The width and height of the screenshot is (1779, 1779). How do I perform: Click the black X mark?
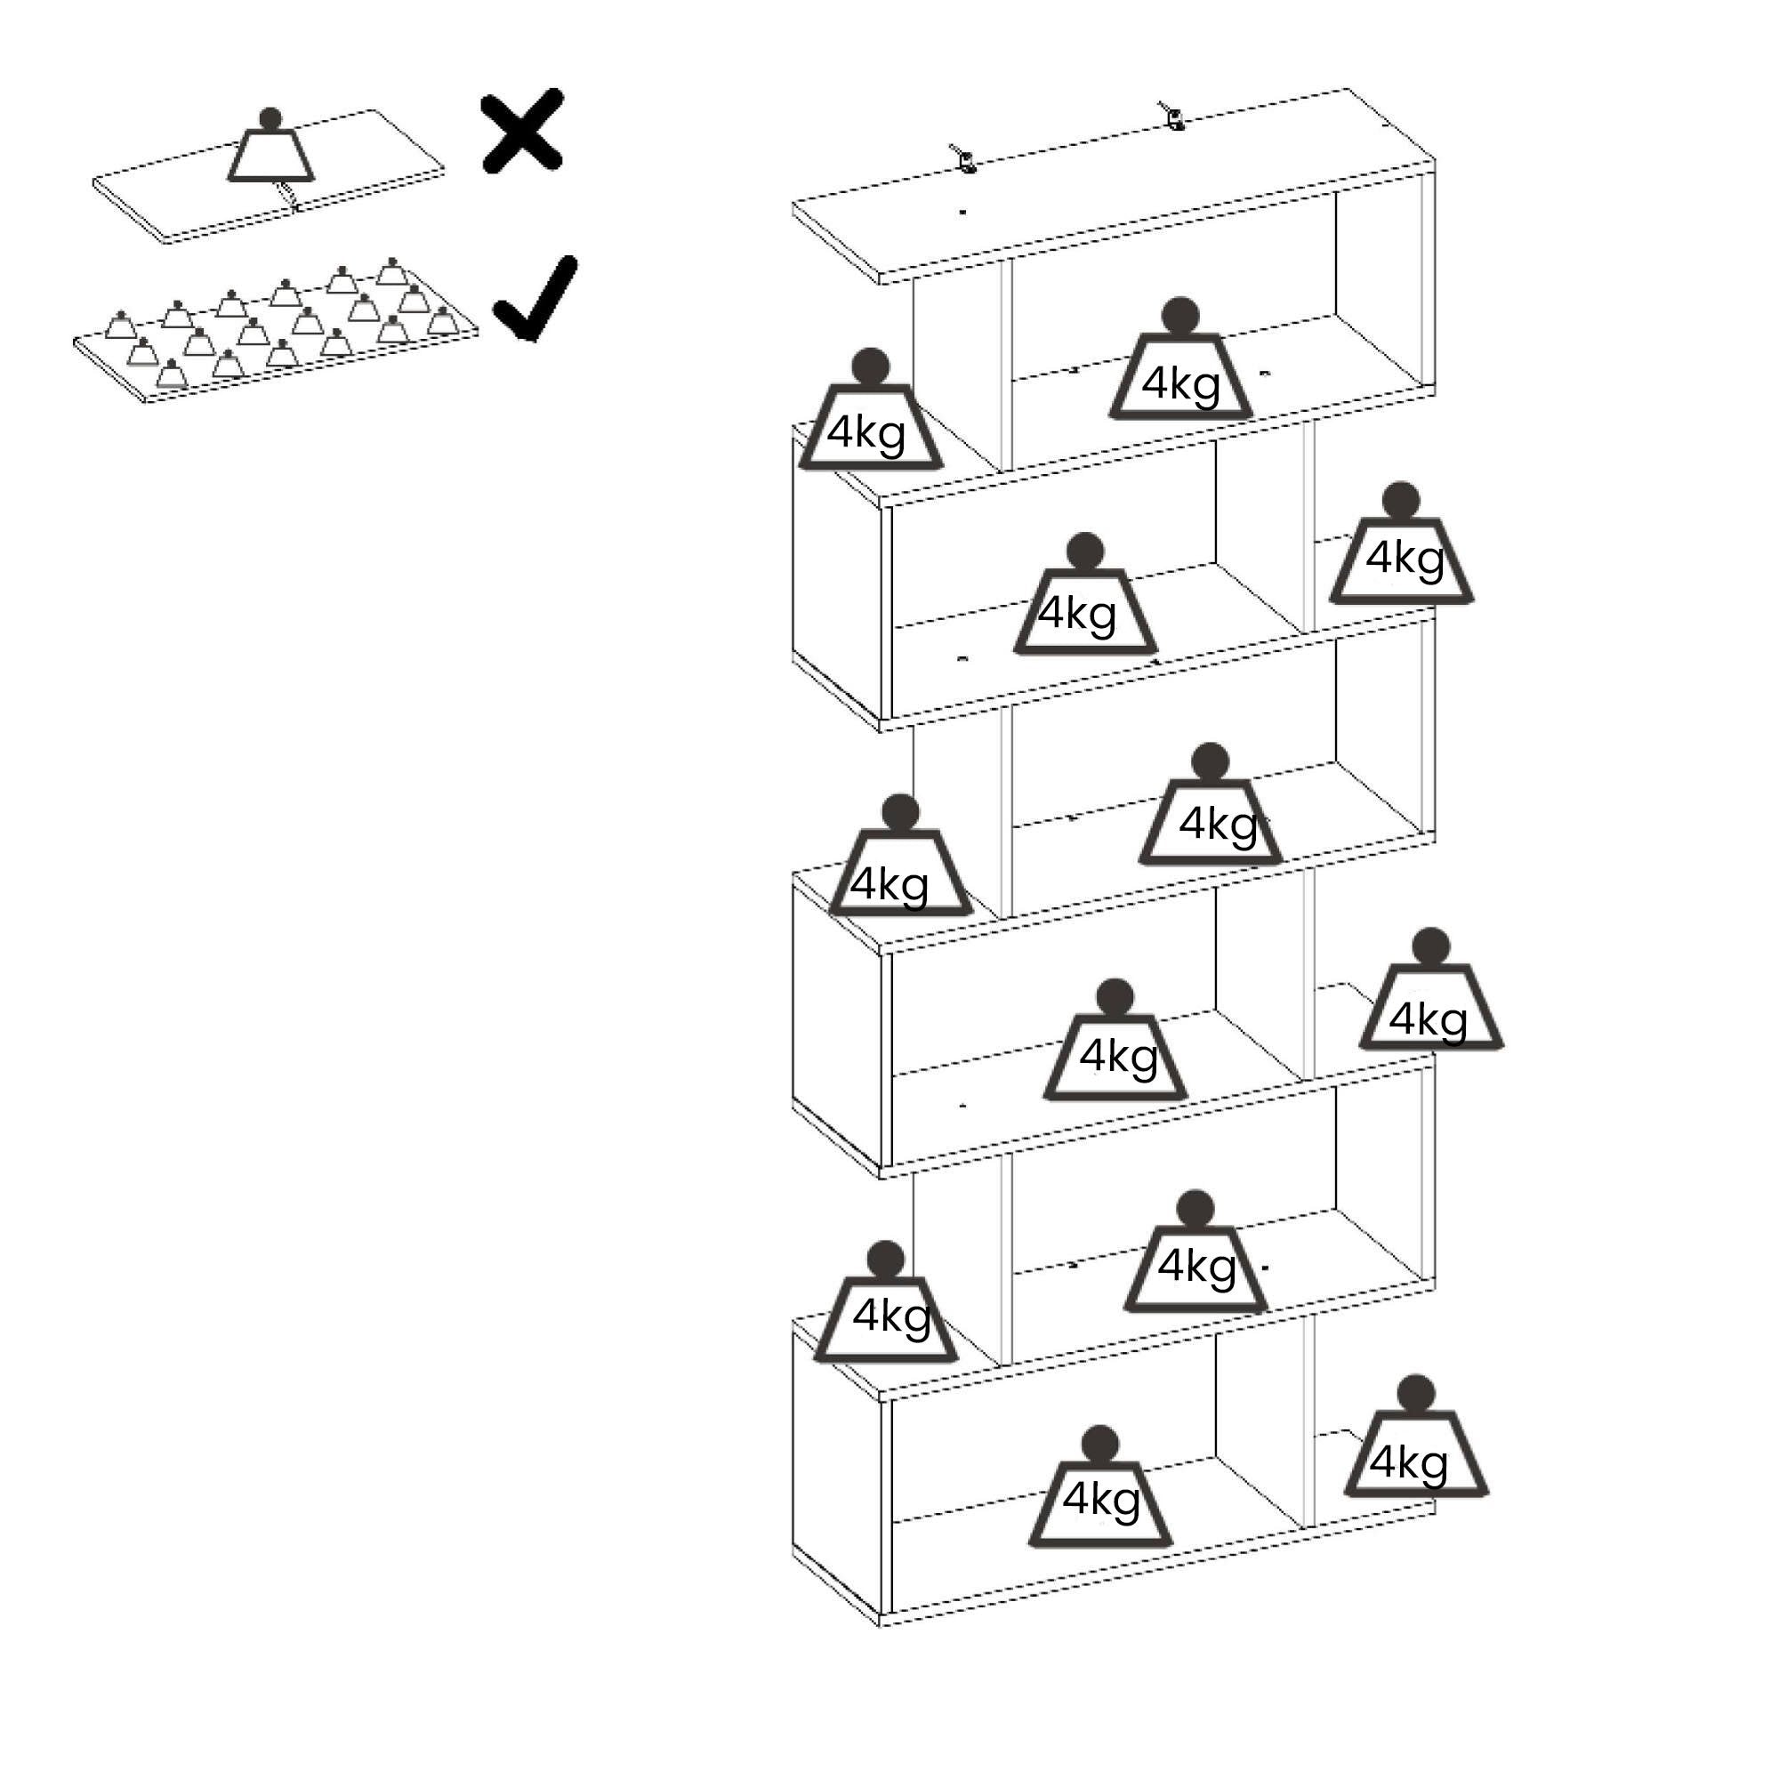click(x=522, y=131)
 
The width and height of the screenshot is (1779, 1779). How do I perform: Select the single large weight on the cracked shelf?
click(x=270, y=152)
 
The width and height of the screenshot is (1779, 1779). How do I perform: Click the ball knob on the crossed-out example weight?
click(x=270, y=119)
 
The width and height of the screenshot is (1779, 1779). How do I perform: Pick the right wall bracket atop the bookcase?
click(x=1172, y=116)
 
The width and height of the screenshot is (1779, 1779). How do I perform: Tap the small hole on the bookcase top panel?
click(x=962, y=213)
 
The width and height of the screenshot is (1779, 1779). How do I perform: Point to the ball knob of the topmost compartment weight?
click(x=1179, y=316)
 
